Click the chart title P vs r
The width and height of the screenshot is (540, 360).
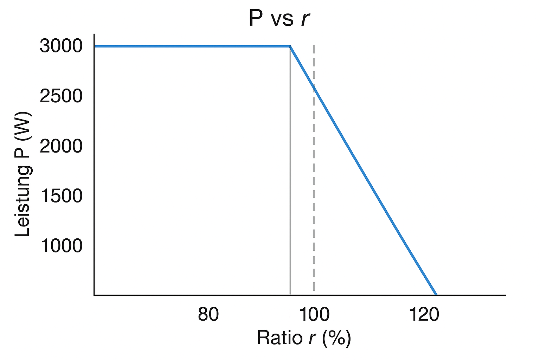(279, 18)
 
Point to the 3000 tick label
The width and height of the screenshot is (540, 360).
(61, 46)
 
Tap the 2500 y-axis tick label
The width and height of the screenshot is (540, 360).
(61, 96)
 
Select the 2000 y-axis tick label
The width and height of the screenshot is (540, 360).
(61, 146)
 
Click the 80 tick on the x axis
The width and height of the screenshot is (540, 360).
(208, 314)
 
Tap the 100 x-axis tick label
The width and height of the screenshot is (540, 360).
(314, 314)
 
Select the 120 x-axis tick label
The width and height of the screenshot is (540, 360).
(424, 314)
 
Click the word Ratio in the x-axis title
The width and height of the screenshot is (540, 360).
(279, 338)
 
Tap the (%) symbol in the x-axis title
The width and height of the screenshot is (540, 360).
(337, 338)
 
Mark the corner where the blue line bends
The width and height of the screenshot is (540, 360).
(290, 46)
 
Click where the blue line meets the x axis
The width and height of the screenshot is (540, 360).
(436, 295)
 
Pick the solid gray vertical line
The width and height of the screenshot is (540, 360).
(290, 176)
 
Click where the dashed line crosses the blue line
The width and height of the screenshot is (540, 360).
(314, 85)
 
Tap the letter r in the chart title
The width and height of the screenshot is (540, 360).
(305, 19)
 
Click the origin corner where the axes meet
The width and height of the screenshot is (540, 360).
(94, 295)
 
